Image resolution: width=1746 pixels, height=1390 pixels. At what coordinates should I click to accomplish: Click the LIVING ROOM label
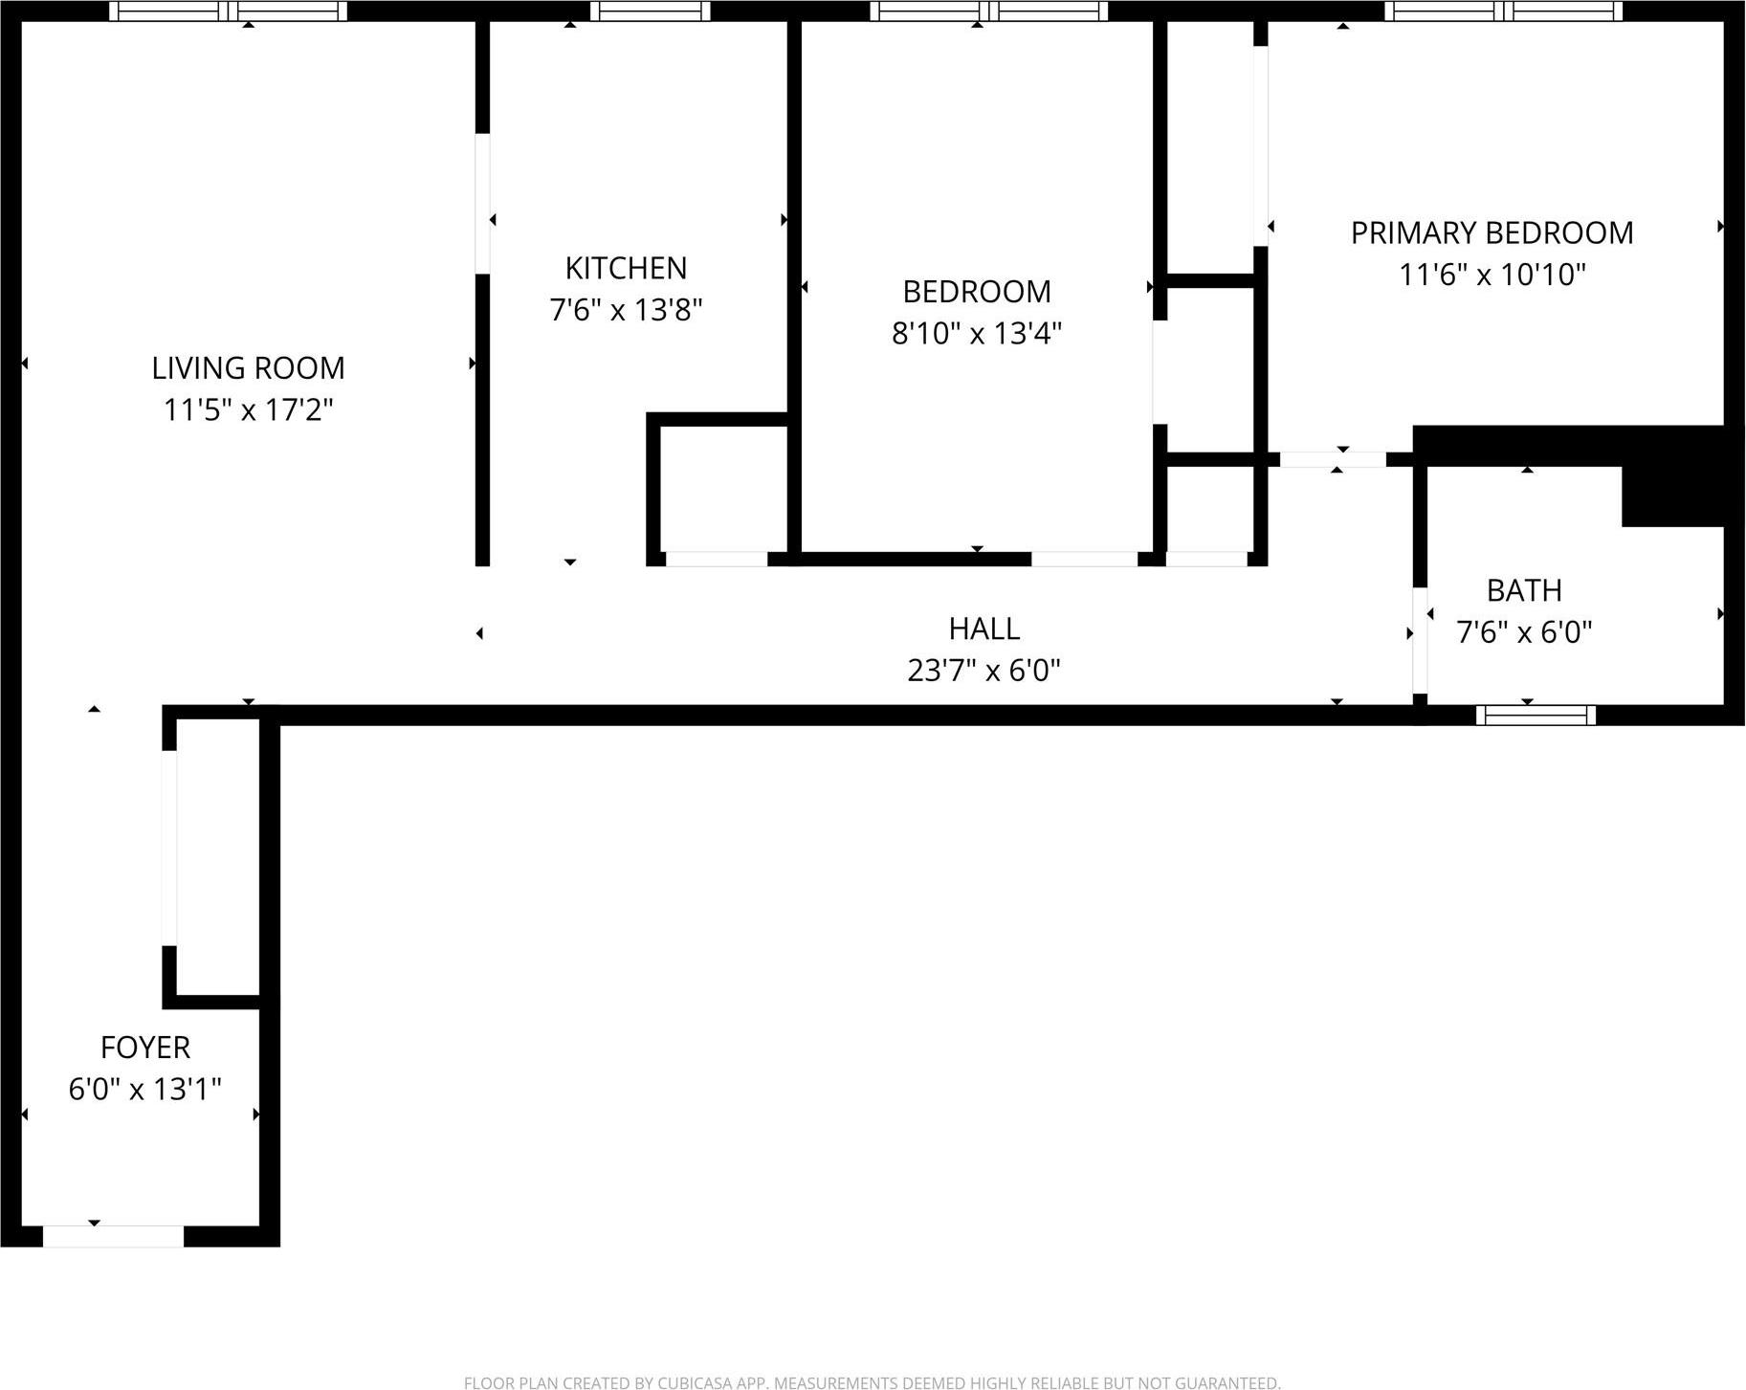pos(248,367)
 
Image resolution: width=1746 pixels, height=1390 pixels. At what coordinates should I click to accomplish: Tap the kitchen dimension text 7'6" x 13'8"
pos(626,310)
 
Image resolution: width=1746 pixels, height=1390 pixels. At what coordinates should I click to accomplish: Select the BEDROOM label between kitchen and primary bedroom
pos(976,291)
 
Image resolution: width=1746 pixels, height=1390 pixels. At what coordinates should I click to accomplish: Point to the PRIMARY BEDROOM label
pos(1492,232)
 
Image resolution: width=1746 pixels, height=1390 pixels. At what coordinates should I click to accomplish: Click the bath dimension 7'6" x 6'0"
pos(1523,632)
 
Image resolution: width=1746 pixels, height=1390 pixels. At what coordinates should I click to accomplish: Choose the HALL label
pos(984,629)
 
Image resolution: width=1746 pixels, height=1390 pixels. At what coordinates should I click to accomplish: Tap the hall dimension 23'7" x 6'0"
pos(984,671)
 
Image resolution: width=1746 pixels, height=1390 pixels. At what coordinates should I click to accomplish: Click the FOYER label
pos(145,1048)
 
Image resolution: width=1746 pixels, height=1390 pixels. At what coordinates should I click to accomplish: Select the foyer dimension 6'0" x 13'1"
pos(145,1089)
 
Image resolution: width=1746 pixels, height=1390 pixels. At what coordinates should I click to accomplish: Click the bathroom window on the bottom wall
pos(1536,715)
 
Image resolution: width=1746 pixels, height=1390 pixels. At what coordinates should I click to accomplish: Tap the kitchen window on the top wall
pos(650,11)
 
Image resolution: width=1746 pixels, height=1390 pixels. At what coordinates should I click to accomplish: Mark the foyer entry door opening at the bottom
pos(113,1236)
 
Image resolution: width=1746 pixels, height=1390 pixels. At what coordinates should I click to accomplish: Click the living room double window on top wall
pos(228,11)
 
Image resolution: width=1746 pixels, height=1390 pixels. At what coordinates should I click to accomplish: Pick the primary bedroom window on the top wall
pos(1503,11)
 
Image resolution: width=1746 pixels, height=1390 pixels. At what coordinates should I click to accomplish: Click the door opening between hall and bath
pos(1420,638)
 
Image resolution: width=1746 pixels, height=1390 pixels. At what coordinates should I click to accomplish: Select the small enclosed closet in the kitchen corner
pos(722,488)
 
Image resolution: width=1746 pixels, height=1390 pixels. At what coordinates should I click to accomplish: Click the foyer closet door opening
pos(169,848)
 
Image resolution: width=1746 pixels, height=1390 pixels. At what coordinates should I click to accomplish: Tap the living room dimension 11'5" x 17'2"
pos(248,409)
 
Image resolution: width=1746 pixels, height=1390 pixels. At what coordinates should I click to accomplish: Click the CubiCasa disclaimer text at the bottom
pos(872,1382)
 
